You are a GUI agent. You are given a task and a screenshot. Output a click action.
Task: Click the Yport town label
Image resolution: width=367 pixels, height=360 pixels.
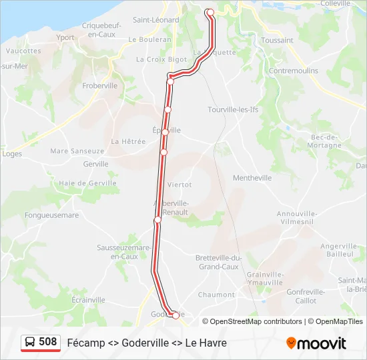[65, 37]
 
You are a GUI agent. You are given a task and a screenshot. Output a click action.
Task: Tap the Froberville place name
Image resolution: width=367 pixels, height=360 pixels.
[99, 85]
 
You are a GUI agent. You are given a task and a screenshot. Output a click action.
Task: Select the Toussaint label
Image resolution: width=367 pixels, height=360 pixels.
[278, 40]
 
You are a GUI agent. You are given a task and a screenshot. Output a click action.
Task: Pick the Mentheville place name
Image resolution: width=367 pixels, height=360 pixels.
[252, 178]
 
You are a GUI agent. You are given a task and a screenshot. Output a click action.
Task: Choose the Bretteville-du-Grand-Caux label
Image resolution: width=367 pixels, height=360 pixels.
[218, 262]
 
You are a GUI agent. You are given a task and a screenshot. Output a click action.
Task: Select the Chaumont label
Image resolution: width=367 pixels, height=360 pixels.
[216, 295]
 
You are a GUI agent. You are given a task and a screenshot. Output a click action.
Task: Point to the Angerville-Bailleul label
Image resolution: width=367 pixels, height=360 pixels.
[340, 250]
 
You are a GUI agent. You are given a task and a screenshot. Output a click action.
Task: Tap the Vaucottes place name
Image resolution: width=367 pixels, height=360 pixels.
[23, 50]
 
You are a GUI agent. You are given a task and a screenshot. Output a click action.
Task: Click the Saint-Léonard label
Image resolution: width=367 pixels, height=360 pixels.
[156, 20]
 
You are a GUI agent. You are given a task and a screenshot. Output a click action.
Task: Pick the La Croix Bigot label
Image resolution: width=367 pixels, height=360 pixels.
[161, 59]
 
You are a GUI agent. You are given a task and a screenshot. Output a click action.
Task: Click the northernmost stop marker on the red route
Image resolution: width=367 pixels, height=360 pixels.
[210, 12]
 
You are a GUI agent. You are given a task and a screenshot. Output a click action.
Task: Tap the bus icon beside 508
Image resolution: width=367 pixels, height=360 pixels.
[30, 343]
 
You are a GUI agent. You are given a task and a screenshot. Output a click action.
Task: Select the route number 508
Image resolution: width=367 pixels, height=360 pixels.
[48, 342]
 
